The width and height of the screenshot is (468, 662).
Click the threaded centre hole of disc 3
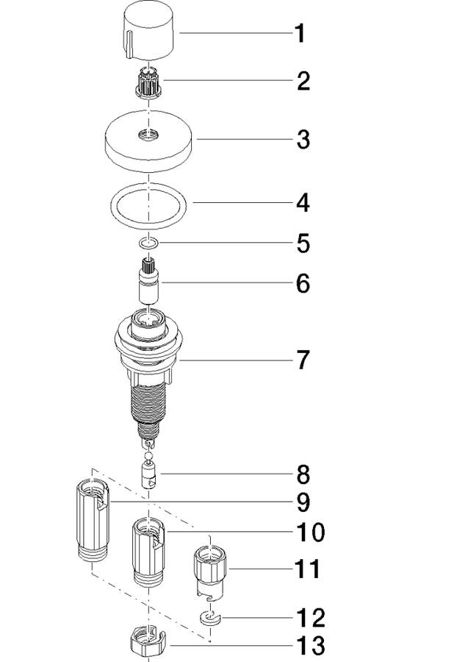tap(148, 135)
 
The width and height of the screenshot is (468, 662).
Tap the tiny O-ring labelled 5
tap(149, 243)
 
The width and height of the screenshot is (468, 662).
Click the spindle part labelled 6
tap(148, 280)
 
